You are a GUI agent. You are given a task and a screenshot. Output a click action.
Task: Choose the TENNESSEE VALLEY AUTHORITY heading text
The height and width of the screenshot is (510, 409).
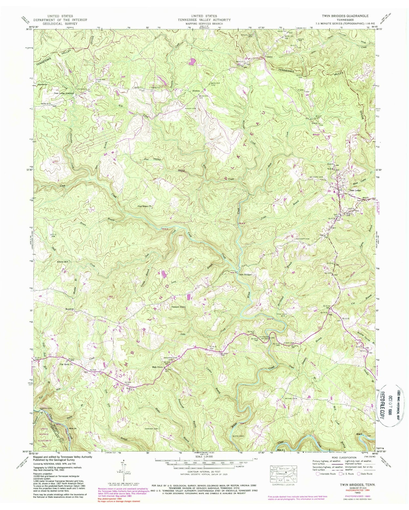[x=204, y=20]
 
